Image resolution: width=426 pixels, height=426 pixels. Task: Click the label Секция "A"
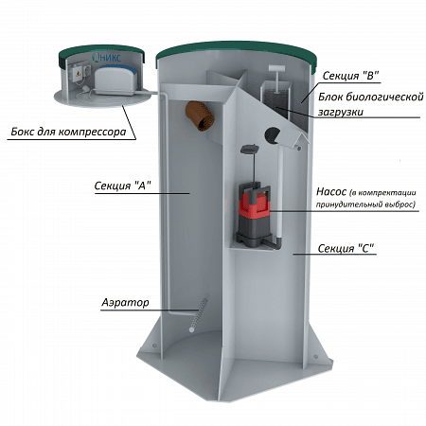tap(122, 186)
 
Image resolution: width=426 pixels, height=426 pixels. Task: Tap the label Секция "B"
tap(350, 76)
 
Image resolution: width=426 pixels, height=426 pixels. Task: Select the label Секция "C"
tap(346, 248)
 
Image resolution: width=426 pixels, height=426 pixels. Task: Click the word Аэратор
tap(125, 303)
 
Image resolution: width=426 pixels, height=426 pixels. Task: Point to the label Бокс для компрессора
tap(68, 132)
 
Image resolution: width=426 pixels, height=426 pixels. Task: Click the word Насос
tap(331, 191)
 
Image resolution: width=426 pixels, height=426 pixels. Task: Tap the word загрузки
tap(341, 112)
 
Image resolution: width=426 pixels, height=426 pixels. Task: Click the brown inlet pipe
tap(200, 115)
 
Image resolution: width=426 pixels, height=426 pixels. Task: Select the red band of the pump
tap(255, 204)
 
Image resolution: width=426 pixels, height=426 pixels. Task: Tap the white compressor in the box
tap(115, 81)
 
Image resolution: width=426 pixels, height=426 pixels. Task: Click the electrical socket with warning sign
tap(77, 74)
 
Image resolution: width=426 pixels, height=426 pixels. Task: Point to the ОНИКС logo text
tap(106, 57)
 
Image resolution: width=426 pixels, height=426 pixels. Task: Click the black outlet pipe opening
tap(272, 135)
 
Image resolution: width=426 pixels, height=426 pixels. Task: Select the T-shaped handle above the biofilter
tap(276, 79)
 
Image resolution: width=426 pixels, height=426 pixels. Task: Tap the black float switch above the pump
tap(250, 149)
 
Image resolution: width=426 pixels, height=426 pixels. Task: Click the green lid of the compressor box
tap(101, 53)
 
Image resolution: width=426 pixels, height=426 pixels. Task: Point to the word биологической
tap(371, 98)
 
